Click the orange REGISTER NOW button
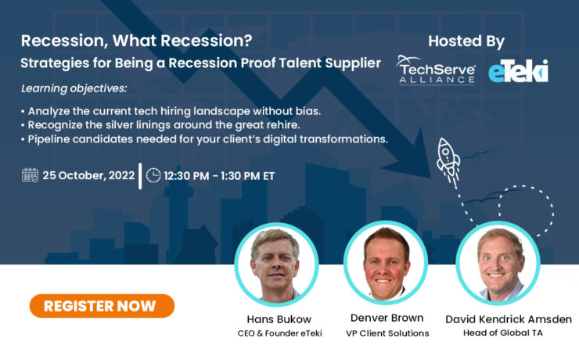click(x=102, y=306)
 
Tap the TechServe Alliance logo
click(x=437, y=70)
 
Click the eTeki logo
click(x=518, y=71)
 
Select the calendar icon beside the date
click(x=31, y=175)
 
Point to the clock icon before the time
click(x=153, y=175)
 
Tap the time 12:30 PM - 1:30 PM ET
click(x=219, y=175)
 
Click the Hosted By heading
click(x=466, y=41)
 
